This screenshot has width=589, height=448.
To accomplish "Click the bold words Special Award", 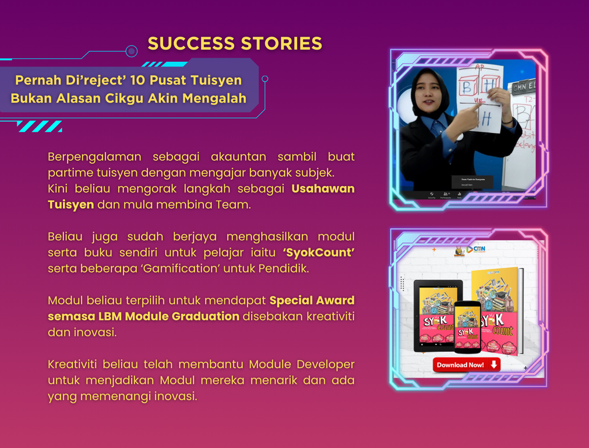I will [312, 300].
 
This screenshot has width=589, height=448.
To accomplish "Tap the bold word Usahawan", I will [323, 189].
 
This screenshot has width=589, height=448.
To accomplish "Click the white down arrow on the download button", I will [493, 365].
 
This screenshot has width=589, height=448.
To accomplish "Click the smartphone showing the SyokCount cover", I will [468, 327].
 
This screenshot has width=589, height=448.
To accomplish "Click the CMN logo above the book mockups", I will [476, 249].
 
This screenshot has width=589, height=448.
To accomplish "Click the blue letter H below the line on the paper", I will [486, 119].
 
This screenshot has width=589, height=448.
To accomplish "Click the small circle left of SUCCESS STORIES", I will [132, 51].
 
